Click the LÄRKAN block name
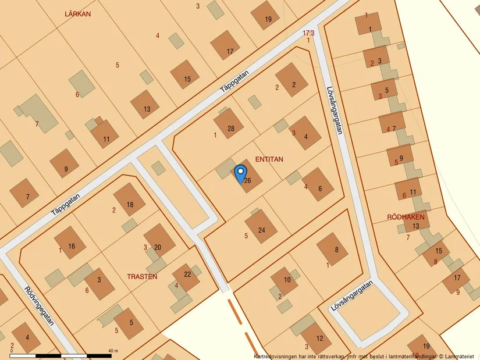pos(78,13)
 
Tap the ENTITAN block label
pos(269,158)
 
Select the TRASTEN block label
pos(142,277)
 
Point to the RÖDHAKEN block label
pos(406,217)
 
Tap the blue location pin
pos(240,173)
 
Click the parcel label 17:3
pos(308,33)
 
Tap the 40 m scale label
pos(113,351)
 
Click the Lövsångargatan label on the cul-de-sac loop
pos(353,298)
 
